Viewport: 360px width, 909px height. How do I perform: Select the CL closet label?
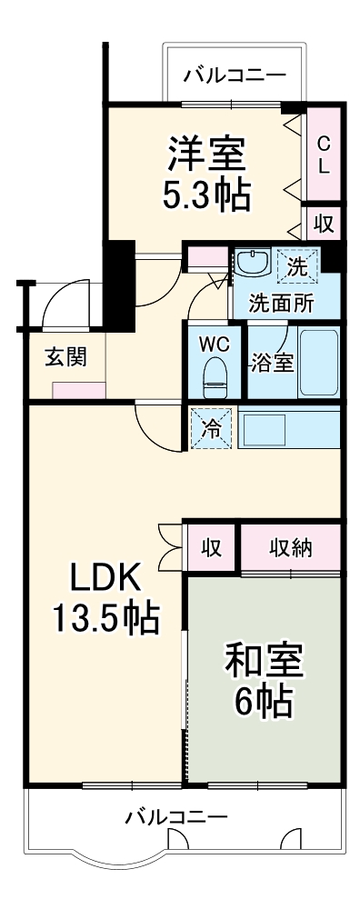click(324, 155)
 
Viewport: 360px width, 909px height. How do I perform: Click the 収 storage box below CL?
click(324, 223)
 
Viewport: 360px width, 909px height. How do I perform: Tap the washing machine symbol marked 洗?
click(297, 266)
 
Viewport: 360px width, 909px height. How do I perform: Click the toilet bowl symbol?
click(215, 377)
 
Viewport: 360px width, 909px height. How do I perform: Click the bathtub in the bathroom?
click(319, 362)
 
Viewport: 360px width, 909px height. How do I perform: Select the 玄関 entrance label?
click(65, 356)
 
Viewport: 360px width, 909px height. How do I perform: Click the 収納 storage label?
click(291, 548)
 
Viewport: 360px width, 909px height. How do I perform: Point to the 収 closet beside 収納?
click(212, 548)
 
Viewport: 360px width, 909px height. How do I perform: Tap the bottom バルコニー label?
click(176, 815)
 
